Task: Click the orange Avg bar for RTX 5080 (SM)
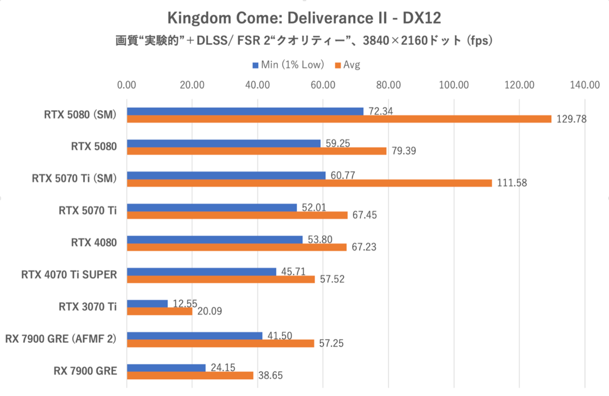339,119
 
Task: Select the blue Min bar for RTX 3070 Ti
147,304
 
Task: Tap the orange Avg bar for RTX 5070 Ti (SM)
310,183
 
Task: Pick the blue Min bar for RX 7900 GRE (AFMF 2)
194,336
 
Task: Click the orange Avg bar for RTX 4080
236,247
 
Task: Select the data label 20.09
211,311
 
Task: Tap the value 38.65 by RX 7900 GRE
272,376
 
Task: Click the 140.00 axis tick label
585,85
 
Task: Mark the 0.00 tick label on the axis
126,85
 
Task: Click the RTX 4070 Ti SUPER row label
69,275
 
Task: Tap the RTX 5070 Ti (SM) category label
74,178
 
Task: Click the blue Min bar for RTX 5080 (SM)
245,111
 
